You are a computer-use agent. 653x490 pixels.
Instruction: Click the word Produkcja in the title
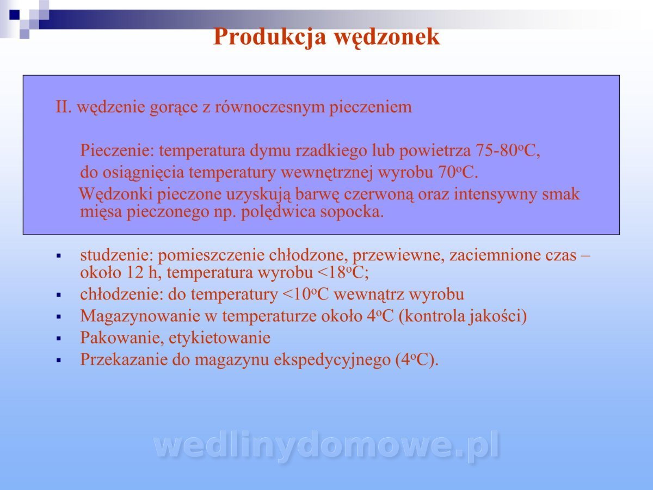269,38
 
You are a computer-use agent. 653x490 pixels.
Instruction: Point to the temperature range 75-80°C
508,151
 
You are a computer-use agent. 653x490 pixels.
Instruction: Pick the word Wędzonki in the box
116,194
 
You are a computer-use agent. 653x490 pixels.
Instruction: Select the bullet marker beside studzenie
59,255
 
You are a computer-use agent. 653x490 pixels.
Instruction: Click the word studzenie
116,255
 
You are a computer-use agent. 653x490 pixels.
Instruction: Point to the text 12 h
141,273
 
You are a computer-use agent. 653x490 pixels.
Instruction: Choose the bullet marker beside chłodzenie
59,295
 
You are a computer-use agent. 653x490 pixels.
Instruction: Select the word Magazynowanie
140,316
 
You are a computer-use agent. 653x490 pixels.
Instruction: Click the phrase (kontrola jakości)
463,316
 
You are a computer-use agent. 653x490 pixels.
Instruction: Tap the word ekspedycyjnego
332,360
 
